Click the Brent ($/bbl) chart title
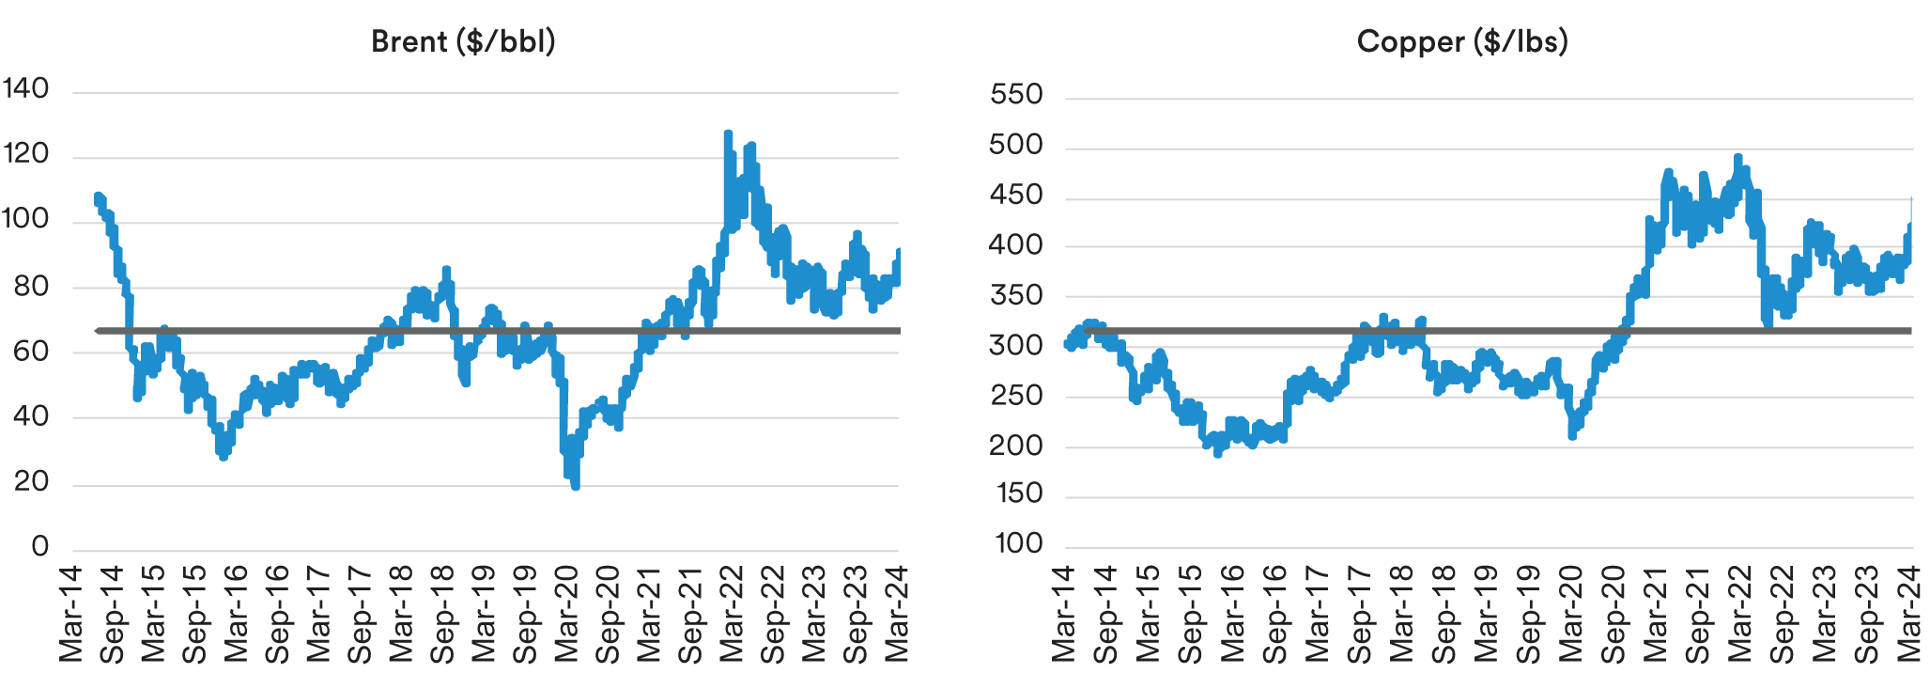pos(463,41)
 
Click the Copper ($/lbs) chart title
pos(1462,41)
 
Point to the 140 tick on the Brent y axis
pos(25,88)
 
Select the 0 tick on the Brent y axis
pos(39,546)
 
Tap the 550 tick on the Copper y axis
pos(1016,94)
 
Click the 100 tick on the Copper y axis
pos(1018,543)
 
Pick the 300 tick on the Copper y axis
pos(1016,345)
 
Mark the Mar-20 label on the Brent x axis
pos(566,614)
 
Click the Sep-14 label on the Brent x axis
pos(112,614)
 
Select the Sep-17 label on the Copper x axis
pos(1359,614)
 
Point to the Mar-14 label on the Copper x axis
pos(1063,614)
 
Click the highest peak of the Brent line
pos(728,133)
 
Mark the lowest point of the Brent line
pos(575,486)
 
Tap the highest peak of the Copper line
pos(1737,157)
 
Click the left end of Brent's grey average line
pos(99,331)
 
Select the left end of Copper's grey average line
pos(1086,331)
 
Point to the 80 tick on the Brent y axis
pos(31,286)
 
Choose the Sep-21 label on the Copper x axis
pos(1697,614)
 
